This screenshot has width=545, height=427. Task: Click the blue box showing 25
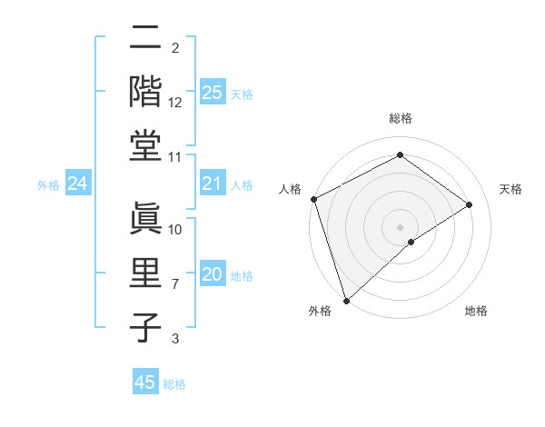(x=212, y=92)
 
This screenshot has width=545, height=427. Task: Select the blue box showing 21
(x=212, y=184)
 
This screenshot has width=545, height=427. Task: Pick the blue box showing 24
(x=77, y=184)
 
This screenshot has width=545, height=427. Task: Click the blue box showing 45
(x=145, y=382)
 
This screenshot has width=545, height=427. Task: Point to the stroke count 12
(x=175, y=103)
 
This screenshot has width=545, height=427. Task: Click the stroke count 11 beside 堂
(x=175, y=157)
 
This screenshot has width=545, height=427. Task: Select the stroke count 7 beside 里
(x=175, y=284)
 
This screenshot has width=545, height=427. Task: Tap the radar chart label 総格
(x=400, y=118)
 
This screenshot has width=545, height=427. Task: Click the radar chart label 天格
(x=510, y=189)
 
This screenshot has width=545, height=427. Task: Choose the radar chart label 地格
(x=476, y=311)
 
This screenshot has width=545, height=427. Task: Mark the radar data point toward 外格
(x=346, y=300)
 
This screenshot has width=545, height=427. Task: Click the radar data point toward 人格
(x=313, y=199)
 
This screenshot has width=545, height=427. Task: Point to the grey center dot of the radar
(x=400, y=226)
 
